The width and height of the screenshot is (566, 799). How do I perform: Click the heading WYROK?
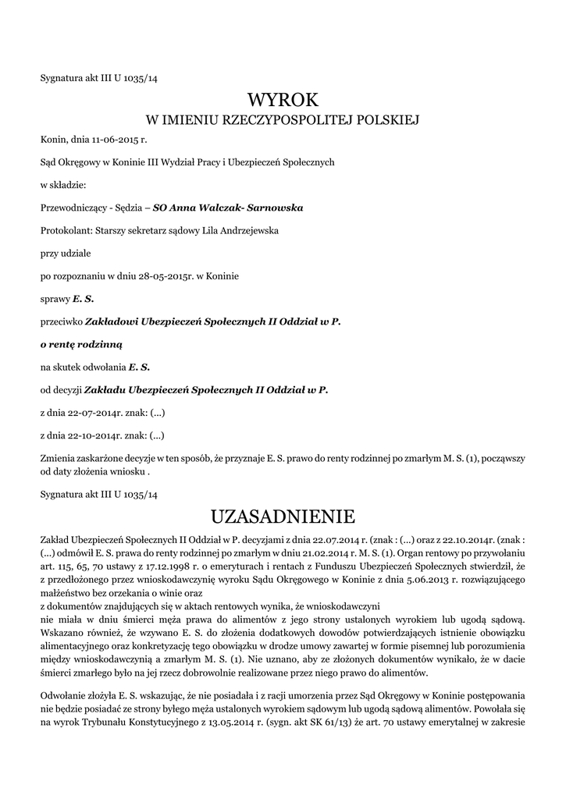click(283, 99)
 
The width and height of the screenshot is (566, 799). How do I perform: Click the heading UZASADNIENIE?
click(283, 517)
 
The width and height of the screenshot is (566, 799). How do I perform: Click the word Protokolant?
click(65, 230)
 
